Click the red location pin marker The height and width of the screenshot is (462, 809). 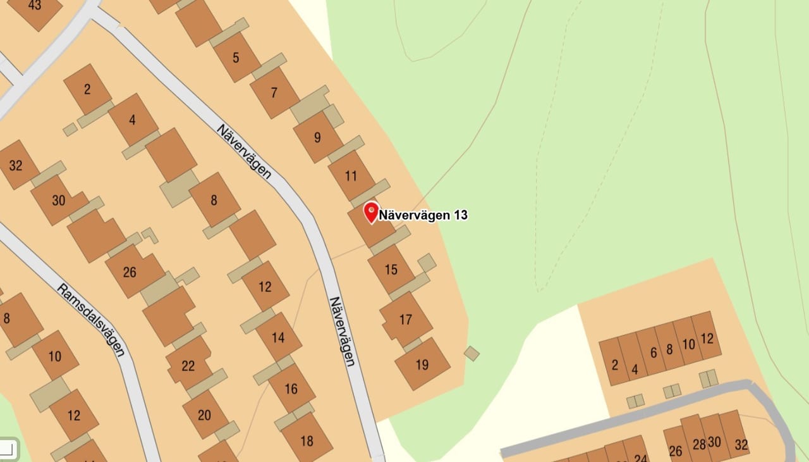tap(371, 211)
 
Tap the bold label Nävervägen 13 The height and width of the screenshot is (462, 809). tap(423, 215)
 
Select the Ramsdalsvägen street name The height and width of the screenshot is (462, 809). tap(91, 319)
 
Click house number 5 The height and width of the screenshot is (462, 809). tap(236, 58)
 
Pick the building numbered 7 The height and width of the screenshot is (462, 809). tap(274, 92)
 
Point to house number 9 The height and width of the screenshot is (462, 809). tap(317, 137)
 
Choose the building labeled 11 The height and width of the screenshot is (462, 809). tap(351, 175)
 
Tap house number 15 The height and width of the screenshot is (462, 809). tap(391, 270)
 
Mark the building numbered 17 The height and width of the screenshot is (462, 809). tap(406, 320)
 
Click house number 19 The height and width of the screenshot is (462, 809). tap(422, 364)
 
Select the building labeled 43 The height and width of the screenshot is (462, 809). tap(35, 6)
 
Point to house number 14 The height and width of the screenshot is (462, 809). tap(278, 337)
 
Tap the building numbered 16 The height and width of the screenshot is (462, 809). tap(291, 388)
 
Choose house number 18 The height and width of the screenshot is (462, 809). tap(307, 440)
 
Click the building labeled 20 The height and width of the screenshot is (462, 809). tap(204, 415)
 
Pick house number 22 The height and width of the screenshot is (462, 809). tap(188, 365)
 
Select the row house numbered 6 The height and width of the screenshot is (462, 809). tap(654, 352)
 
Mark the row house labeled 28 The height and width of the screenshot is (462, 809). tap(699, 444)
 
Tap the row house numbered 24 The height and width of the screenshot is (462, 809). tap(641, 458)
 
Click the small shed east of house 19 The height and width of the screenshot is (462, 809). tap(471, 353)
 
